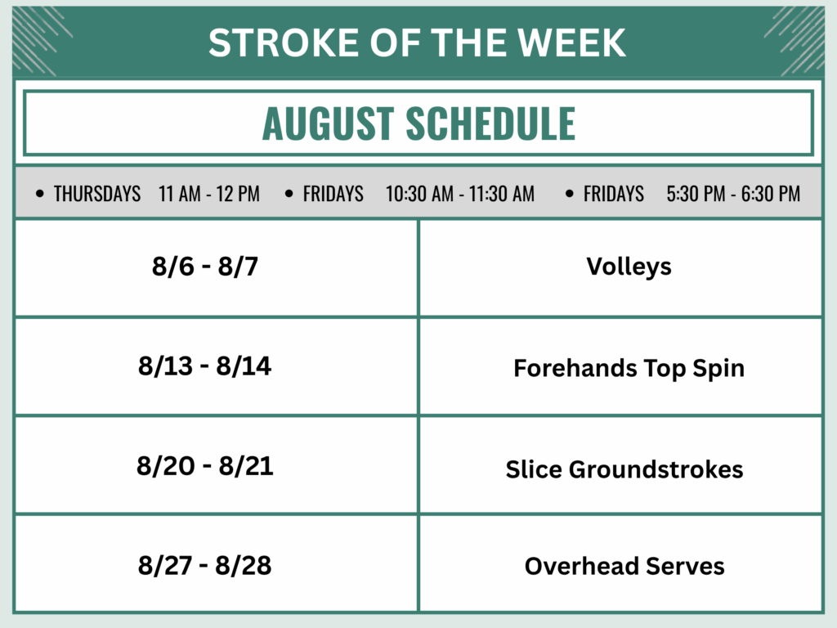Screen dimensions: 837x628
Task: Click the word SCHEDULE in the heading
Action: [x=490, y=123]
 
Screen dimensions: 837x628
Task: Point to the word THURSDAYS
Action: [x=97, y=193]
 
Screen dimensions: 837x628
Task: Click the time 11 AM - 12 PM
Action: [x=209, y=193]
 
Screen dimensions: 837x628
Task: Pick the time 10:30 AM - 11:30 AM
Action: [x=460, y=193]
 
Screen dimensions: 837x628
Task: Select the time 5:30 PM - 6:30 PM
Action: [x=733, y=193]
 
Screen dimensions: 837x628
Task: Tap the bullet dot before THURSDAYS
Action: [x=40, y=193]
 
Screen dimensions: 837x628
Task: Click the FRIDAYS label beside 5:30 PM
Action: [x=613, y=193]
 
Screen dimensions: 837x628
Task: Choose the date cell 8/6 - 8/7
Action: [x=205, y=266]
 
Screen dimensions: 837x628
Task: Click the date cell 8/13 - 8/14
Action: [x=205, y=366]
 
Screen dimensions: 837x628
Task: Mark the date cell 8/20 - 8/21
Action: [x=205, y=465]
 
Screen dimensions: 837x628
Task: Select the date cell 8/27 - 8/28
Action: [x=205, y=566]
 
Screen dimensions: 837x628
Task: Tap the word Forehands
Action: [x=575, y=368]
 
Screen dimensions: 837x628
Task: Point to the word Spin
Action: [x=718, y=369]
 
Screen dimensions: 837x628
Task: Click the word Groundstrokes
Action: [x=656, y=469]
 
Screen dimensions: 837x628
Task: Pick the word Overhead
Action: [x=582, y=566]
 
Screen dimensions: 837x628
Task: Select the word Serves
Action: [x=685, y=566]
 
